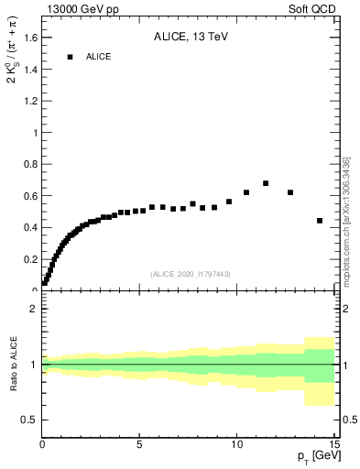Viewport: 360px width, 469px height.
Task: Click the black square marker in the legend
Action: click(70, 57)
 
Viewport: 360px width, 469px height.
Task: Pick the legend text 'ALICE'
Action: click(98, 57)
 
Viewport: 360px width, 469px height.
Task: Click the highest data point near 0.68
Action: click(266, 183)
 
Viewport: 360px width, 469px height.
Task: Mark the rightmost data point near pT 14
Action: click(320, 221)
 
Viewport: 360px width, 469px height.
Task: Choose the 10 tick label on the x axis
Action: click(236, 446)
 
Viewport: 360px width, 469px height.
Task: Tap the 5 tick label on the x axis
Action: click(139, 446)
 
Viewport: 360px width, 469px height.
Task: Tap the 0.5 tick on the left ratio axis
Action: click(31, 420)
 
